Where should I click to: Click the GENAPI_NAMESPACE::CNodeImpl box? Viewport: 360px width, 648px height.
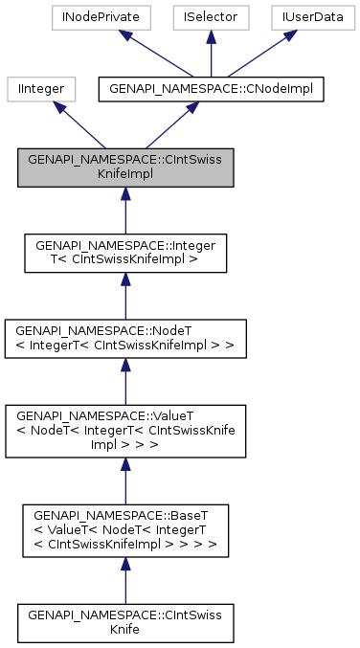(213, 89)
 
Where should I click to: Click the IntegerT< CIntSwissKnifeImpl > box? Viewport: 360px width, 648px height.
(124, 250)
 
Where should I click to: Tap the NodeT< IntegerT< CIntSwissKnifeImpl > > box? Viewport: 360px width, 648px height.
(124, 332)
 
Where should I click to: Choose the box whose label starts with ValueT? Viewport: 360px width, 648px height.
(124, 422)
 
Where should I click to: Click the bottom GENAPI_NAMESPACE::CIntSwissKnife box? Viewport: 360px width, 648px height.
(124, 621)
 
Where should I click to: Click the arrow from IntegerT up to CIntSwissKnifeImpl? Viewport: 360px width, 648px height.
(124, 208)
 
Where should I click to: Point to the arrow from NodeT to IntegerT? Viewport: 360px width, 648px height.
(124, 290)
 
